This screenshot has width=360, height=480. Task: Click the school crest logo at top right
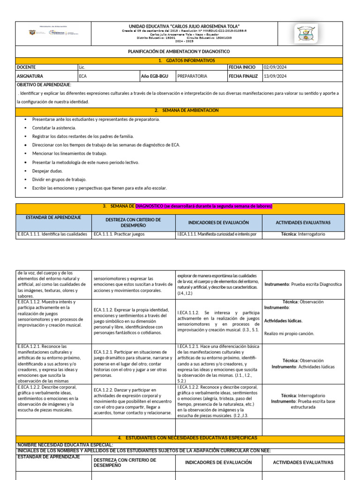[x=306, y=34]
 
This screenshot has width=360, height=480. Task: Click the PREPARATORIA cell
[x=192, y=76]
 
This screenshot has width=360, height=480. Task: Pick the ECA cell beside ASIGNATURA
[x=83, y=76]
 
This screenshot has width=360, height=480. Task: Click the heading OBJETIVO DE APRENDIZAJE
[x=44, y=84]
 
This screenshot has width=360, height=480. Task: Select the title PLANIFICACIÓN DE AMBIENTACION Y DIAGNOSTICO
[x=179, y=52]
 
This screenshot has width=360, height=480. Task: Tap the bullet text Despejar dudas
[x=47, y=171]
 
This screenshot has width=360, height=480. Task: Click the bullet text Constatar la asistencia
[x=54, y=127]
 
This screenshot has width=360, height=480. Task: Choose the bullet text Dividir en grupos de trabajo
[x=59, y=180]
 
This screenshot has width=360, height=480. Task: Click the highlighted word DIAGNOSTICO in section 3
[x=149, y=206]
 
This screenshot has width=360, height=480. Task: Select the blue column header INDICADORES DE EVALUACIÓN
[x=218, y=223]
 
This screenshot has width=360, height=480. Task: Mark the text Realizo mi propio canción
[x=289, y=334]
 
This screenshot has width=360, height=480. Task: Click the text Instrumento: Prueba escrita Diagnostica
[x=303, y=285]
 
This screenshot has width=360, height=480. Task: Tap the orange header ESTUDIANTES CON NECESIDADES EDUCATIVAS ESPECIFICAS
[x=187, y=438]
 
